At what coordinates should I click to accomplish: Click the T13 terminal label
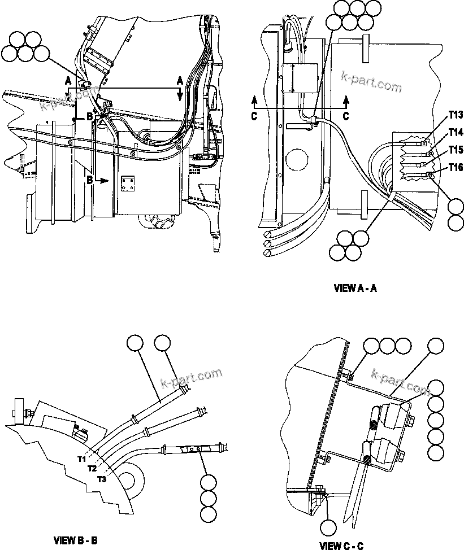pyautogui.click(x=456, y=115)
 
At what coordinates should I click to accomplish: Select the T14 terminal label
pyautogui.click(x=456, y=132)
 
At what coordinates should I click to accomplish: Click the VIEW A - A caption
pyautogui.click(x=355, y=288)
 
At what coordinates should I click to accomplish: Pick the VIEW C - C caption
pyautogui.click(x=342, y=545)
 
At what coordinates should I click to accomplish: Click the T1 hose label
pyautogui.click(x=83, y=459)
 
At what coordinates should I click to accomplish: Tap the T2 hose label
pyautogui.click(x=92, y=469)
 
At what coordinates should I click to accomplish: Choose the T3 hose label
pyautogui.click(x=102, y=479)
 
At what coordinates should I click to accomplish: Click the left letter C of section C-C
pyautogui.click(x=254, y=116)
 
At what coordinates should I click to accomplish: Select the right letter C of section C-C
pyautogui.click(x=346, y=116)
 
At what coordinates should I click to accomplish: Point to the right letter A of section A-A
pyautogui.click(x=180, y=81)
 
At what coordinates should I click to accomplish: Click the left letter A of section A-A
pyautogui.click(x=68, y=80)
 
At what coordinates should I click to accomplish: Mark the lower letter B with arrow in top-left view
pyautogui.click(x=90, y=180)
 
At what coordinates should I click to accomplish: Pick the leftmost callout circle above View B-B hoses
pyautogui.click(x=135, y=344)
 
